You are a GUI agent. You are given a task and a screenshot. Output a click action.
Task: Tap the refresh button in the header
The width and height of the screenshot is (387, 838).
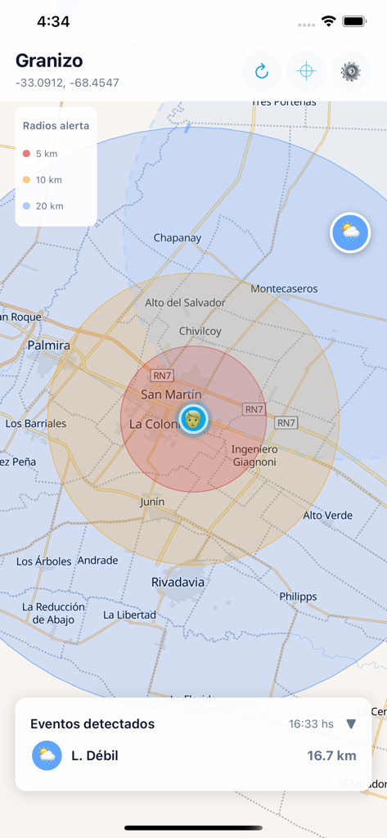(x=262, y=71)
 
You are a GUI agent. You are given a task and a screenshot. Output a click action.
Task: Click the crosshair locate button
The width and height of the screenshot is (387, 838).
(x=306, y=71)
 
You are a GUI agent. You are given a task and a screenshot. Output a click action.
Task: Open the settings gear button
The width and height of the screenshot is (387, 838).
(x=350, y=71)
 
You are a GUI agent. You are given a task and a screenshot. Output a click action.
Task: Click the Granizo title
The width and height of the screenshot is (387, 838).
(x=49, y=61)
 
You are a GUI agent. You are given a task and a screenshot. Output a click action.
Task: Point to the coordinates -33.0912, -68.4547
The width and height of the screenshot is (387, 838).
(x=67, y=83)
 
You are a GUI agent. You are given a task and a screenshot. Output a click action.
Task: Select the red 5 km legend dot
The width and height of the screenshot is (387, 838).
(x=27, y=154)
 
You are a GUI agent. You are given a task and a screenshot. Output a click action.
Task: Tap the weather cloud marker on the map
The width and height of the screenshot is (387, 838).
(x=350, y=232)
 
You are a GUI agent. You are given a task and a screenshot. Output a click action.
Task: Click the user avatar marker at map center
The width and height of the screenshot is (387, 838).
(x=193, y=419)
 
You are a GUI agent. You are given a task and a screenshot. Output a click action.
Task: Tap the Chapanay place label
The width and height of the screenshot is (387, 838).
(x=178, y=238)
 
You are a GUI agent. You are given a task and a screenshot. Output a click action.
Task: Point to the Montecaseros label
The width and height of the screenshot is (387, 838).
(x=284, y=289)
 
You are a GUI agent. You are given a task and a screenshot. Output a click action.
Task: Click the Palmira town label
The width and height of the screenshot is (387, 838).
(x=49, y=346)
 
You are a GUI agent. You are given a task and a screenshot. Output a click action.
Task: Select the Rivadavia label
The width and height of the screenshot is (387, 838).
(x=178, y=582)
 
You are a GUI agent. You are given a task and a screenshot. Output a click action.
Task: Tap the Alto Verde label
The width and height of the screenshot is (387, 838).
(x=328, y=516)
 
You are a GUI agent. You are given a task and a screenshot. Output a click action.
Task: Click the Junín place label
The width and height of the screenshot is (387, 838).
(x=152, y=502)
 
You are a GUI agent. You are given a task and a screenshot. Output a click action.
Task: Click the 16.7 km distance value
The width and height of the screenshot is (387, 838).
(x=331, y=755)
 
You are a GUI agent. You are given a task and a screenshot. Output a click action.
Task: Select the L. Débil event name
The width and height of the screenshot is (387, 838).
(x=95, y=755)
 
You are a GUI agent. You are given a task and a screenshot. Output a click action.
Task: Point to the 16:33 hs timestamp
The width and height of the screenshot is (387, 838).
(x=311, y=723)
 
